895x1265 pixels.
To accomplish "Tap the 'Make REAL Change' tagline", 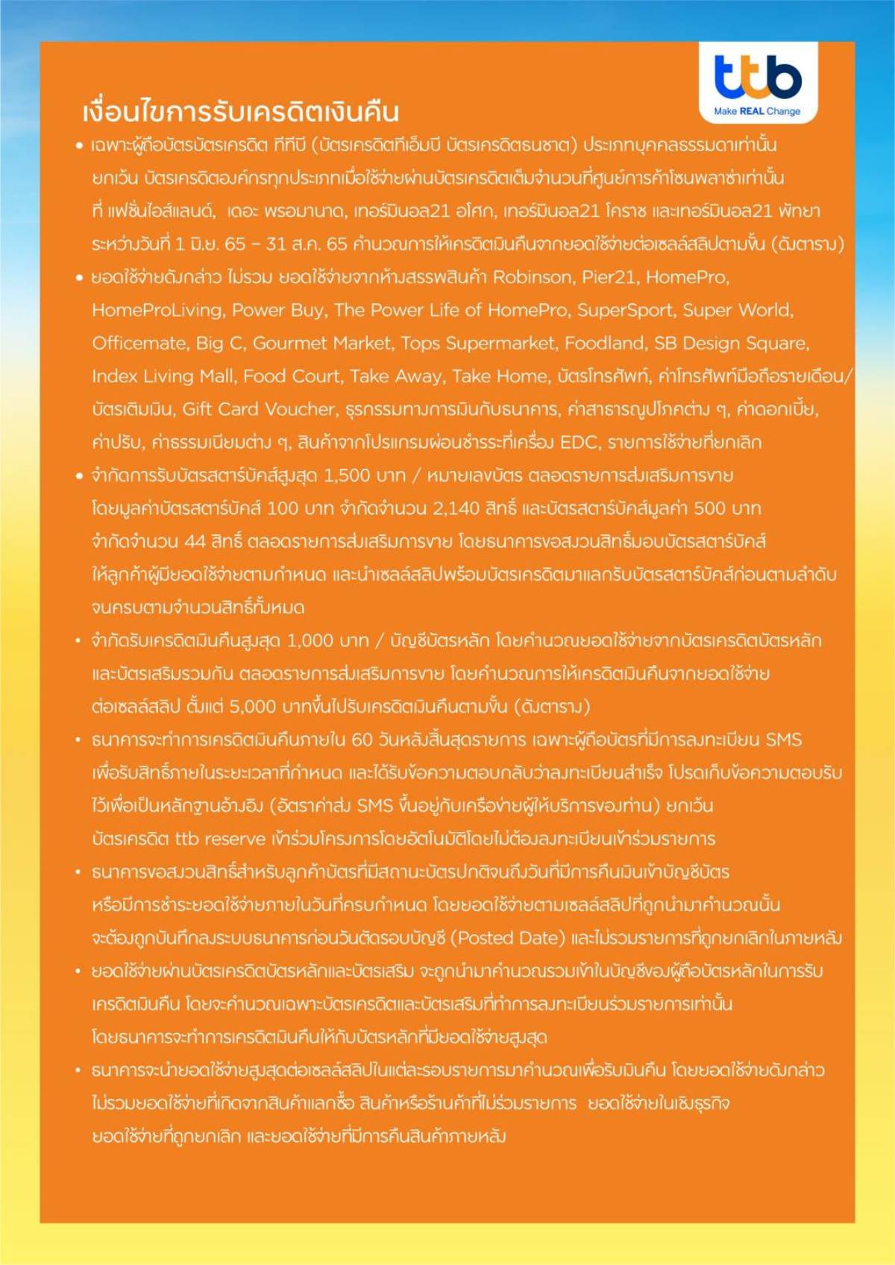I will pos(757,111).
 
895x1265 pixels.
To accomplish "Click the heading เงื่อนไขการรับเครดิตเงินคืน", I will pos(241,112).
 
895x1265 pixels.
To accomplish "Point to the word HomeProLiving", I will pos(157,310).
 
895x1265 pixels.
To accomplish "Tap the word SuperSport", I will pos(625,310).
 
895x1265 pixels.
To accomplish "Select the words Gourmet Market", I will pos(321,343).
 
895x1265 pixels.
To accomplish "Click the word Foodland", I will pos(604,343).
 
